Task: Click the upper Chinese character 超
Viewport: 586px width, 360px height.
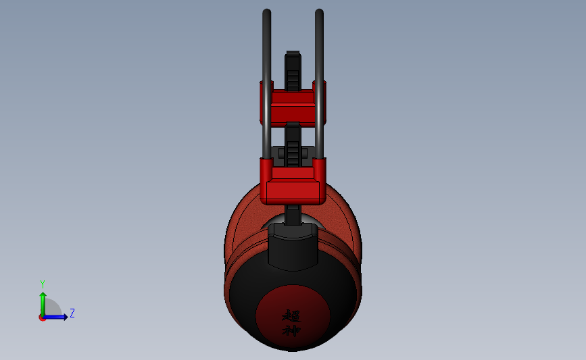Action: (x=291, y=316)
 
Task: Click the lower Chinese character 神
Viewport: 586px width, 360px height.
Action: (x=291, y=330)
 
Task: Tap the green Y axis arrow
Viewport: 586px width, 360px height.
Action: (x=43, y=305)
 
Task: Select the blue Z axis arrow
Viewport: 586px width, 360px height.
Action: (x=55, y=317)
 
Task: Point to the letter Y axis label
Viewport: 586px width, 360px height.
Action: (x=43, y=284)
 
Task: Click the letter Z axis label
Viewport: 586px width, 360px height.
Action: (x=72, y=313)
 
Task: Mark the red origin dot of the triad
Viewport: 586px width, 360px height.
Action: (x=42, y=318)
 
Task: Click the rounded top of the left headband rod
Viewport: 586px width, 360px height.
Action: (x=266, y=11)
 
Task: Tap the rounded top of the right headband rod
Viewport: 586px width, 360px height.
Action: (x=319, y=11)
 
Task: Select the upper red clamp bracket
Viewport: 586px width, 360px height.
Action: (x=293, y=104)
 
